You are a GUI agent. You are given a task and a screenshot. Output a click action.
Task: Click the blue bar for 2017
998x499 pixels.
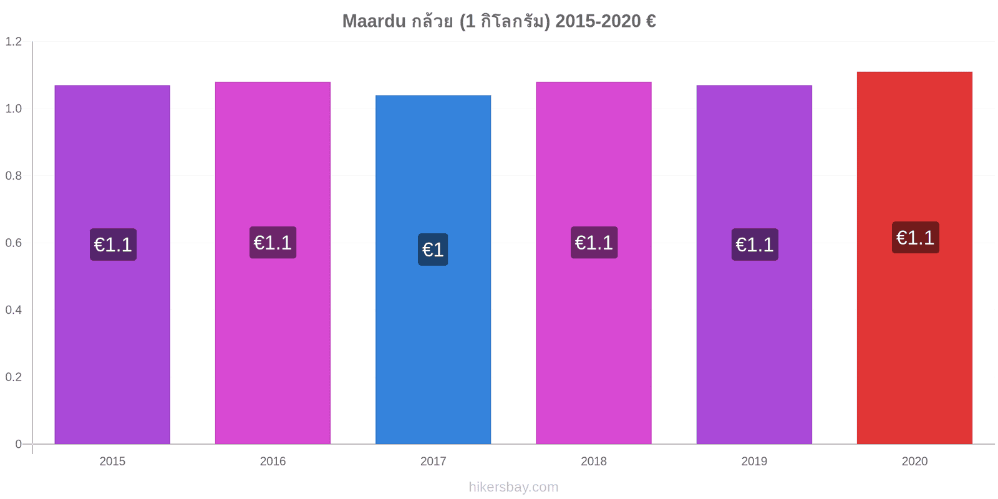[x=433, y=269]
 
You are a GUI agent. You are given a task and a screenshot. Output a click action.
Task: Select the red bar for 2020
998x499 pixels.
[x=914, y=258]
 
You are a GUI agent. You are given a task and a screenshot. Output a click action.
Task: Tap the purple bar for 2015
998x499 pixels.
[x=112, y=264]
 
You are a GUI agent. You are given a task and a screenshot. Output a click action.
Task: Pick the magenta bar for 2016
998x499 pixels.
[x=273, y=263]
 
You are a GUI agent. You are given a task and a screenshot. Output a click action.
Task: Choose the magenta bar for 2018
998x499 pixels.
[x=593, y=263]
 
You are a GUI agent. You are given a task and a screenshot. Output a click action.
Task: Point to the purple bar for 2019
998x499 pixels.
[x=754, y=264]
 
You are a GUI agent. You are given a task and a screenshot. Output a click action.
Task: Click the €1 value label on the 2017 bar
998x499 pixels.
[x=433, y=249]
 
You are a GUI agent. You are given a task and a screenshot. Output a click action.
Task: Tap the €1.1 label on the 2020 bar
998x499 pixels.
[x=916, y=238]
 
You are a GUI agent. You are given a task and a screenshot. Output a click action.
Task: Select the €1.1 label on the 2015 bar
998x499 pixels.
[x=113, y=245]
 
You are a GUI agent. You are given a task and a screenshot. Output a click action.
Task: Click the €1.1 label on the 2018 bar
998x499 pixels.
[x=594, y=243]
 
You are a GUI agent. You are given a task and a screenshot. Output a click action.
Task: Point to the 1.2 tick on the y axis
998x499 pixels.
[x=13, y=41]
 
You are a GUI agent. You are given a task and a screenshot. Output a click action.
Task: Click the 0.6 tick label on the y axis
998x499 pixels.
[x=13, y=243]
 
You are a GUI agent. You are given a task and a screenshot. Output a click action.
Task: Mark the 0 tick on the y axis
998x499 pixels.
[x=18, y=443]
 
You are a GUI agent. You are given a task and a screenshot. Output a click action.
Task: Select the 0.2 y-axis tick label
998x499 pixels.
[x=13, y=377]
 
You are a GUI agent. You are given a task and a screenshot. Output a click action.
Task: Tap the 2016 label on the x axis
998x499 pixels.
[x=273, y=461]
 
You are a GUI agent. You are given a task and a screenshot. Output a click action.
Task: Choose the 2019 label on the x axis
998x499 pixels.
[x=754, y=461]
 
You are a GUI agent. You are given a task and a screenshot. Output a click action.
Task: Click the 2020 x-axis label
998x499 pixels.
[x=914, y=461]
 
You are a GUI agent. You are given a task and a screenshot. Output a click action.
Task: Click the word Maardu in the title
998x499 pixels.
[x=374, y=21]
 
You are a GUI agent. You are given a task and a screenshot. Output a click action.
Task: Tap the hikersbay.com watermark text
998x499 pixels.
[x=513, y=487]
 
